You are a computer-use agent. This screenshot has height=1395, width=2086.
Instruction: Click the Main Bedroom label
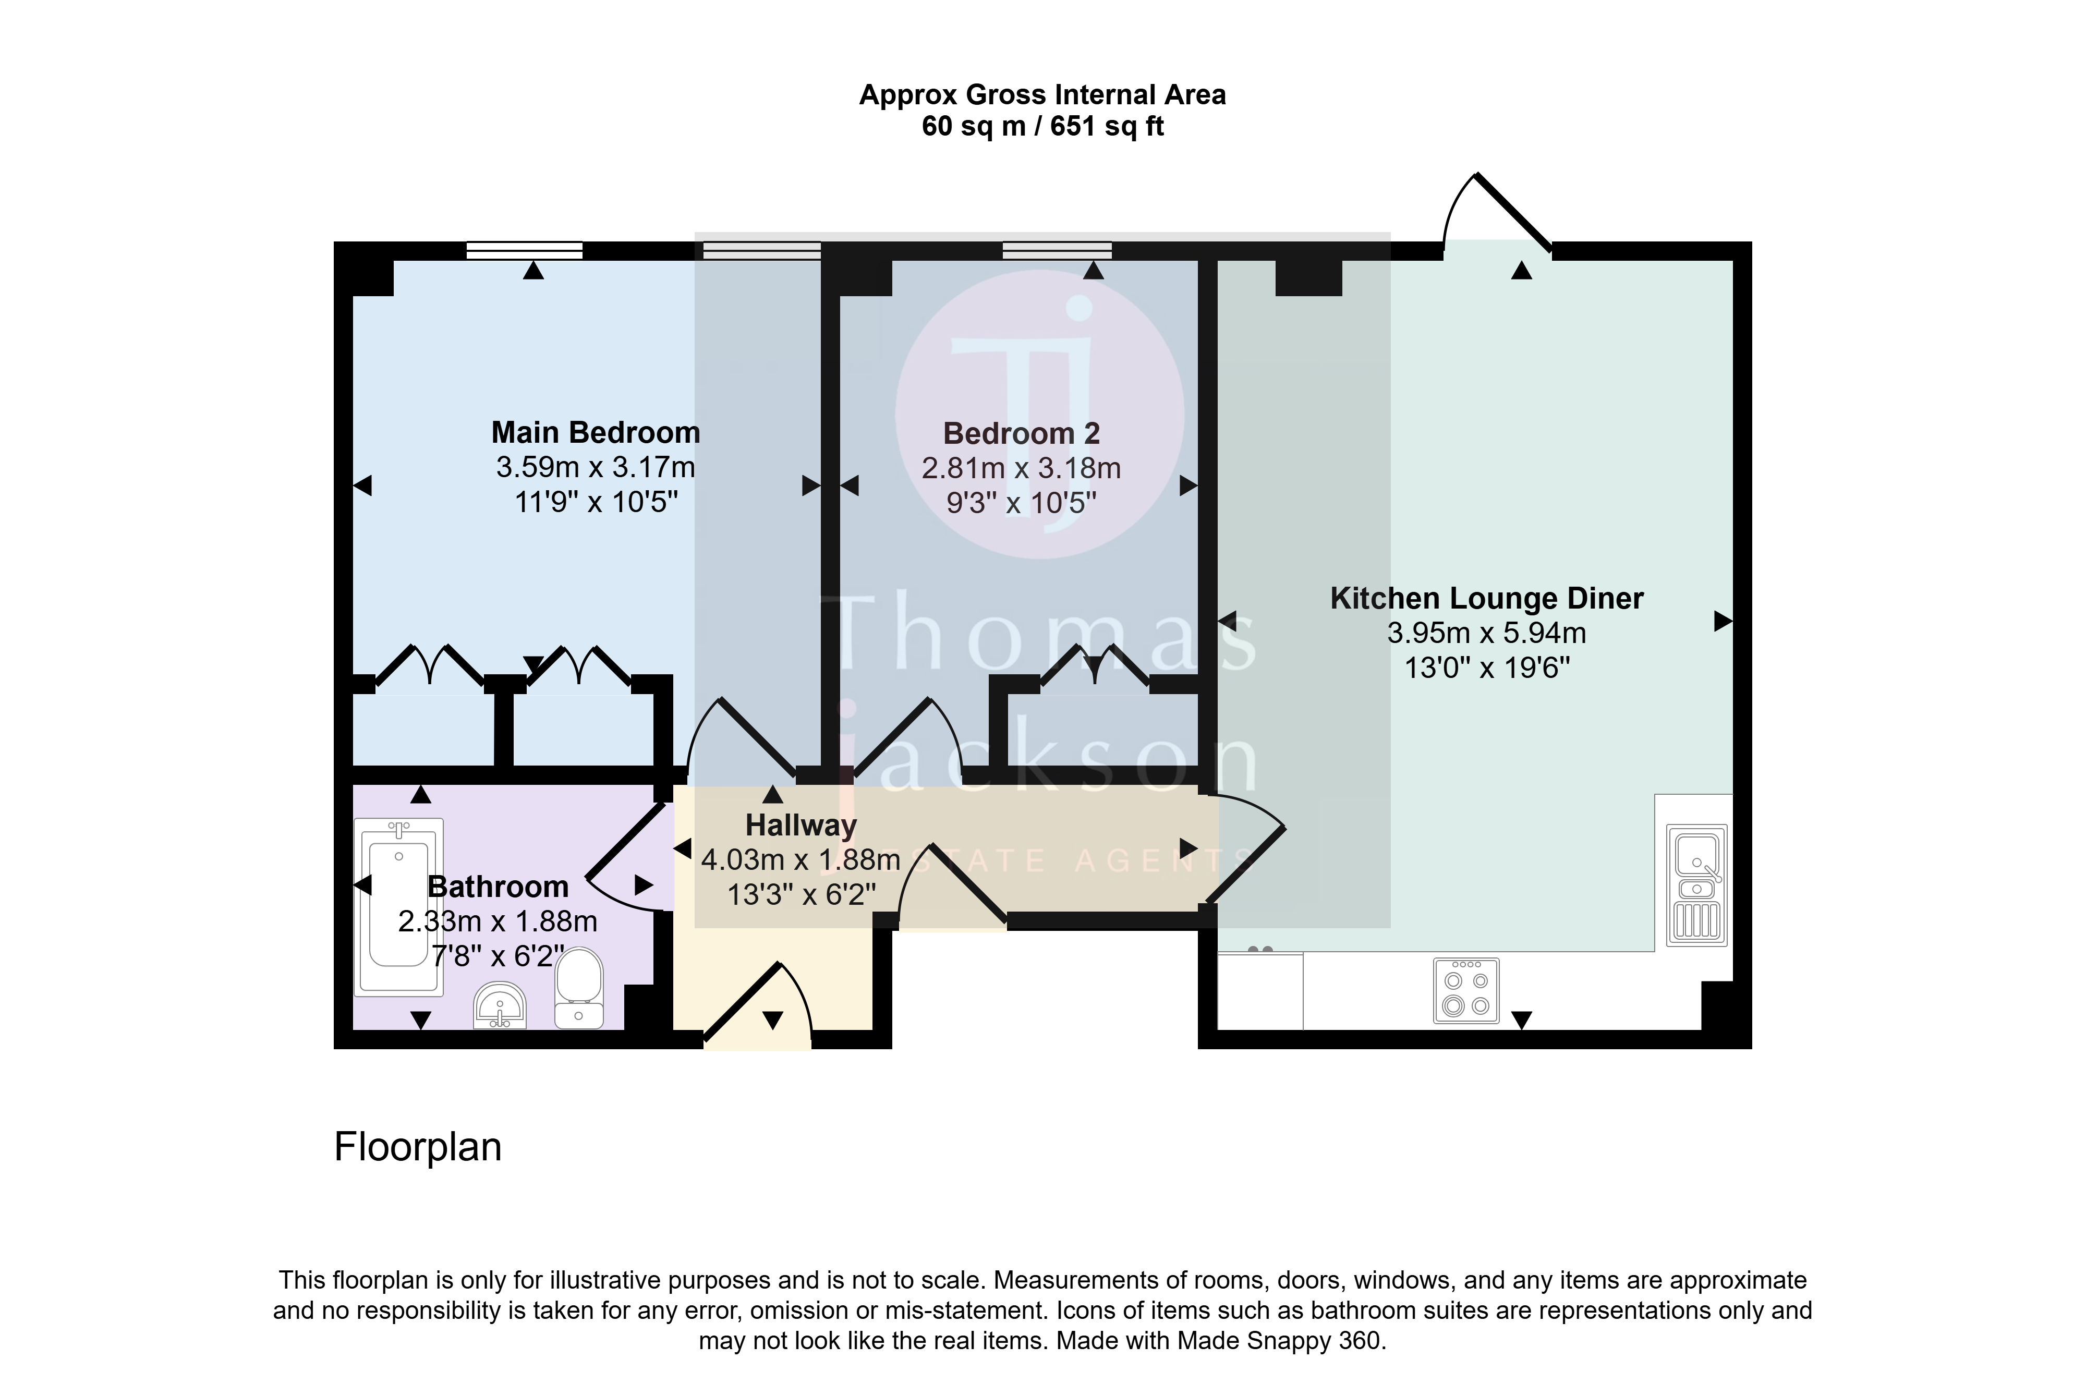click(596, 432)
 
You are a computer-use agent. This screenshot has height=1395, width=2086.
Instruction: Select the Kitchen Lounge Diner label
click(1486, 598)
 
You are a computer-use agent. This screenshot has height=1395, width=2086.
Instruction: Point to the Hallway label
click(801, 826)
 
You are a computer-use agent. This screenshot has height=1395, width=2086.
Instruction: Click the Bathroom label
click(498, 887)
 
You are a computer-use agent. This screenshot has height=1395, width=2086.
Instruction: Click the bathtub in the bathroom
click(398, 906)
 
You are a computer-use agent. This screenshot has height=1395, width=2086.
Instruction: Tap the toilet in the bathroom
click(578, 988)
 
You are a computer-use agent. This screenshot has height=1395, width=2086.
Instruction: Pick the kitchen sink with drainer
click(1696, 885)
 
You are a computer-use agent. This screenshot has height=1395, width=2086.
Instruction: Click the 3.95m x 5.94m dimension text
click(1486, 633)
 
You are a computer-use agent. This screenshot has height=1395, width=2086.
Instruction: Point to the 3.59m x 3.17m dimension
click(596, 467)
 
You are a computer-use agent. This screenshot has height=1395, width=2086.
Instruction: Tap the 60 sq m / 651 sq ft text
click(1042, 126)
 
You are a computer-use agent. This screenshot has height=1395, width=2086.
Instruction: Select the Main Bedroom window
click(525, 251)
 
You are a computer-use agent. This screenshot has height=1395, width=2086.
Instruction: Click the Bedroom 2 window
click(1057, 251)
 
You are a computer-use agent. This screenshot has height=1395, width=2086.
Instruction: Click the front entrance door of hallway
click(758, 1003)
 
